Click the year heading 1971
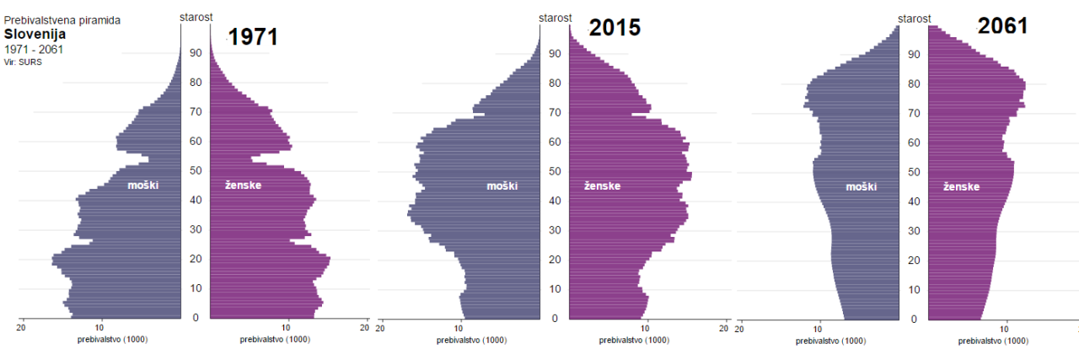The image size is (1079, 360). tap(253, 36)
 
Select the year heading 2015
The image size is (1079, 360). tap(615, 28)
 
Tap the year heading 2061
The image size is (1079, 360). tap(1003, 25)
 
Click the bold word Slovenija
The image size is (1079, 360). tap(35, 35)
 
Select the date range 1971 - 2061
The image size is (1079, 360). tap(34, 50)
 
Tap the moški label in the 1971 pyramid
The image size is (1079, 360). tap(143, 185)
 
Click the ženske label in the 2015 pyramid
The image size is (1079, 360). tap(602, 185)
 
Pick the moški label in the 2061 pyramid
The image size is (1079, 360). tap(862, 186)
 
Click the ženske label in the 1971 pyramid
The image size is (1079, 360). tap(243, 185)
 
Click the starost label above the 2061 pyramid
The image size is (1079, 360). tap(914, 16)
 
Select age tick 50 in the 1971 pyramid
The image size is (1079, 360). tap(196, 170)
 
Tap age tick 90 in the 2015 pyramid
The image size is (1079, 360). tap(555, 53)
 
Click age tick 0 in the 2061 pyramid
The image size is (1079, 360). tap(914, 320)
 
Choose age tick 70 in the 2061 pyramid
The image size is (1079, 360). tap(914, 113)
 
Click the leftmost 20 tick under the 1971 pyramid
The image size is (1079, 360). tap(21, 327)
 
